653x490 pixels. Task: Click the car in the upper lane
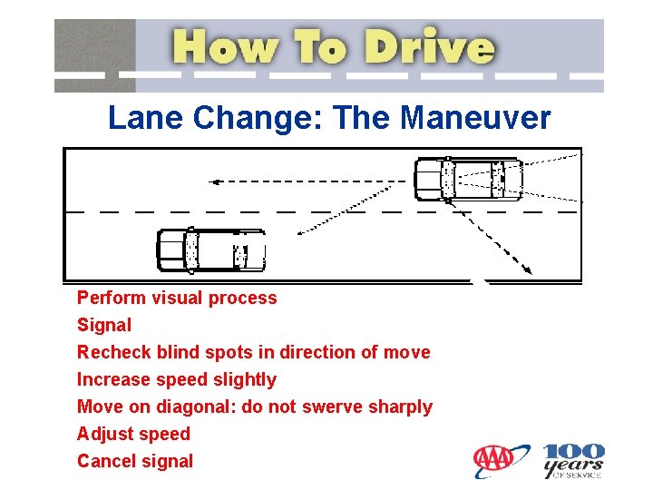point(468,179)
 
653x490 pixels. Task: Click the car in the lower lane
point(211,250)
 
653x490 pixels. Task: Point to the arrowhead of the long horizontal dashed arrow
point(214,181)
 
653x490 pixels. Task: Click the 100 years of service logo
point(573,460)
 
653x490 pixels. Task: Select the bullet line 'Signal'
point(104,325)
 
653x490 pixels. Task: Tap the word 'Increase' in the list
point(112,379)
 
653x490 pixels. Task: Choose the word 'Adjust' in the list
point(103,434)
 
